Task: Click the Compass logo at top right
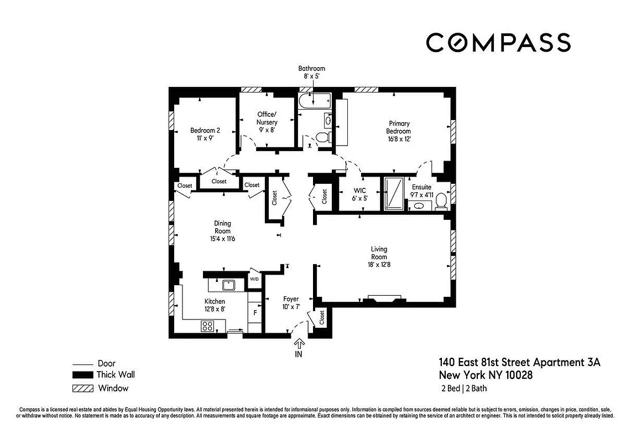pyautogui.click(x=498, y=43)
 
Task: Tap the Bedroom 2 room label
pyautogui.click(x=205, y=131)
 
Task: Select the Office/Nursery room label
pyautogui.click(x=267, y=118)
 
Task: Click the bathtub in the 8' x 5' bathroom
pyautogui.click(x=314, y=101)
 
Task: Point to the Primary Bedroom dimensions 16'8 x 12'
pyautogui.click(x=398, y=139)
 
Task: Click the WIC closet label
pyautogui.click(x=359, y=190)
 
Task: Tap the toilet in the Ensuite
pyautogui.click(x=441, y=202)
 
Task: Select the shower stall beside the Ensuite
pyautogui.click(x=394, y=193)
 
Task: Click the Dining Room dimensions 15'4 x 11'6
pyautogui.click(x=222, y=239)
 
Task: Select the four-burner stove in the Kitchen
pyautogui.click(x=208, y=326)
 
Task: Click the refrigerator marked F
pyautogui.click(x=255, y=312)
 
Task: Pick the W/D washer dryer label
pyautogui.click(x=254, y=279)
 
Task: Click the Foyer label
pyautogui.click(x=291, y=299)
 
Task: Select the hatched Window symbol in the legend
pyautogui.click(x=83, y=388)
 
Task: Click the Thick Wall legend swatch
pyautogui.click(x=83, y=375)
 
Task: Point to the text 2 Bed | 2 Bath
pyautogui.click(x=463, y=388)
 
